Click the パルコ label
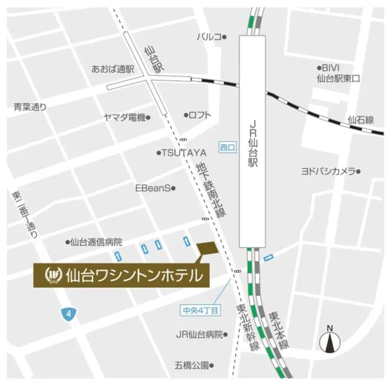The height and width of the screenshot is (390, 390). click(209, 37)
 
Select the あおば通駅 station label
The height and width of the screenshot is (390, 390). click(113, 69)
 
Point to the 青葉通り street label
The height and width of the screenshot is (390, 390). click(30, 107)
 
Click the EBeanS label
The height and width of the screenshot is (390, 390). click(153, 188)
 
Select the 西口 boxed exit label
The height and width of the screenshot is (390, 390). click(227, 148)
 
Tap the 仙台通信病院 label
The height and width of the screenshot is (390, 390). click(96, 242)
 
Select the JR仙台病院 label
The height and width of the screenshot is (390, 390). click(199, 334)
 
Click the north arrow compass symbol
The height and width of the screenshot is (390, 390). click(329, 340)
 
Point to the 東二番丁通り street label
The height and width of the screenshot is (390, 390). click(24, 214)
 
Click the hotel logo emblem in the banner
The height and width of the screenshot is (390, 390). click(54, 275)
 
